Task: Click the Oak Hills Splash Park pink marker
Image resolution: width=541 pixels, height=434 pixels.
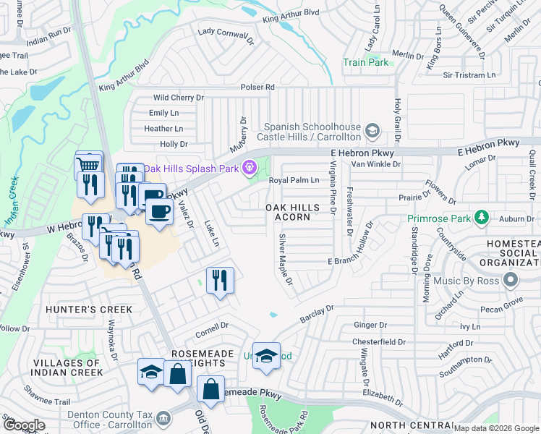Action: (x=250, y=168)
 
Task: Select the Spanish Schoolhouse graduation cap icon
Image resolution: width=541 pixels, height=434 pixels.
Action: (x=372, y=131)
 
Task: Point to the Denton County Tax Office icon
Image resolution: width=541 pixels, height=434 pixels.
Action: (x=164, y=417)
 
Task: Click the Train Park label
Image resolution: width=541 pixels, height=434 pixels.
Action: (x=365, y=62)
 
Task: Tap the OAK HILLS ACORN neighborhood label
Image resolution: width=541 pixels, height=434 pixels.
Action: (x=292, y=212)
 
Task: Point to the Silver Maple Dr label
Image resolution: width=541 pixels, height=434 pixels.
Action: (x=286, y=259)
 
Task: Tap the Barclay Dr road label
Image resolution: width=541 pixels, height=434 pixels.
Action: (x=317, y=315)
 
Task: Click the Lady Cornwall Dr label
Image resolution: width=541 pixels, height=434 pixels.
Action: (x=226, y=36)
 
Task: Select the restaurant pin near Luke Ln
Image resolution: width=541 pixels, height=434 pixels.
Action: (x=220, y=280)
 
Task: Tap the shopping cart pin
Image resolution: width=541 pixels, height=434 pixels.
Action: (x=89, y=166)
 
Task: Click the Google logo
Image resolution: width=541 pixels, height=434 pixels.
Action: (x=23, y=426)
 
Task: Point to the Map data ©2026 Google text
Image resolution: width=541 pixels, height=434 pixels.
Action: (x=495, y=428)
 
